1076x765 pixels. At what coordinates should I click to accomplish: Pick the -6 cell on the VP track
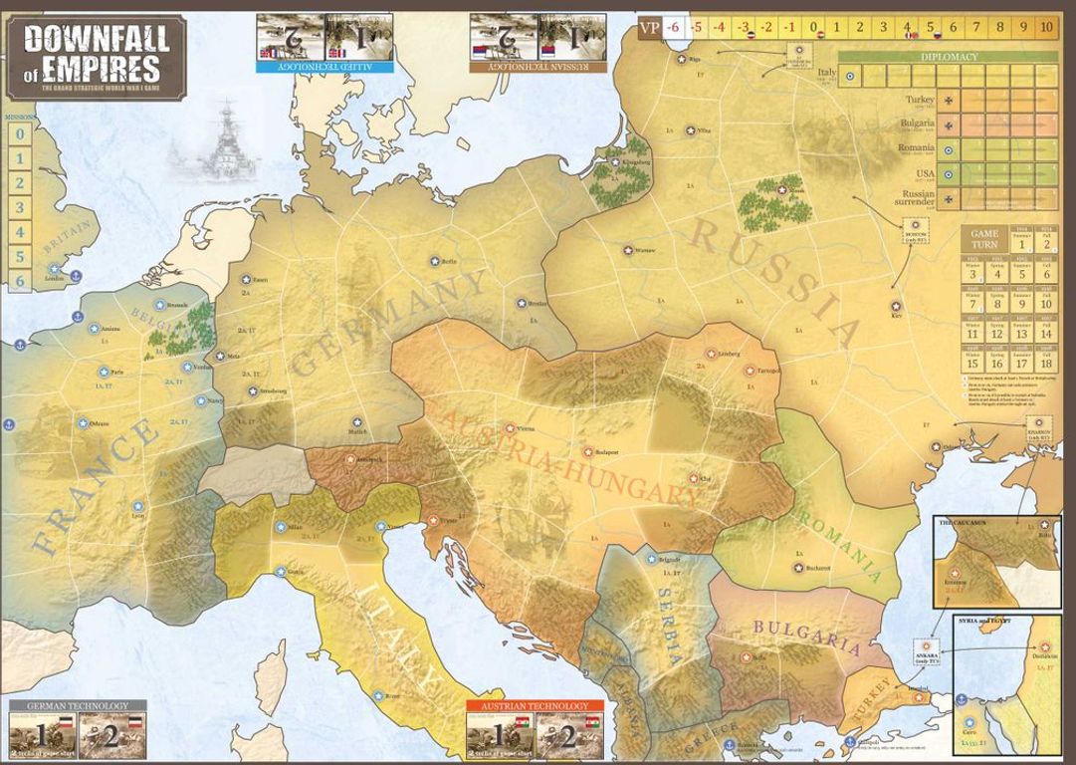[673, 27]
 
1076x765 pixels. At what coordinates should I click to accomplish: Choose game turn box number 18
[1045, 363]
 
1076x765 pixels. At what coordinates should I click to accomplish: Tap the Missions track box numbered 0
[19, 135]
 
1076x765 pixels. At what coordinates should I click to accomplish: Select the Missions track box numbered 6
[19, 281]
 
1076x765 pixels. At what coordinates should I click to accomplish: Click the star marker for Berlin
[435, 261]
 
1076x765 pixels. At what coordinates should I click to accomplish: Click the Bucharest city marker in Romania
[799, 567]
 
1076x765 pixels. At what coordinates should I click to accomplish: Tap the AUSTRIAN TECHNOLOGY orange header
[528, 706]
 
